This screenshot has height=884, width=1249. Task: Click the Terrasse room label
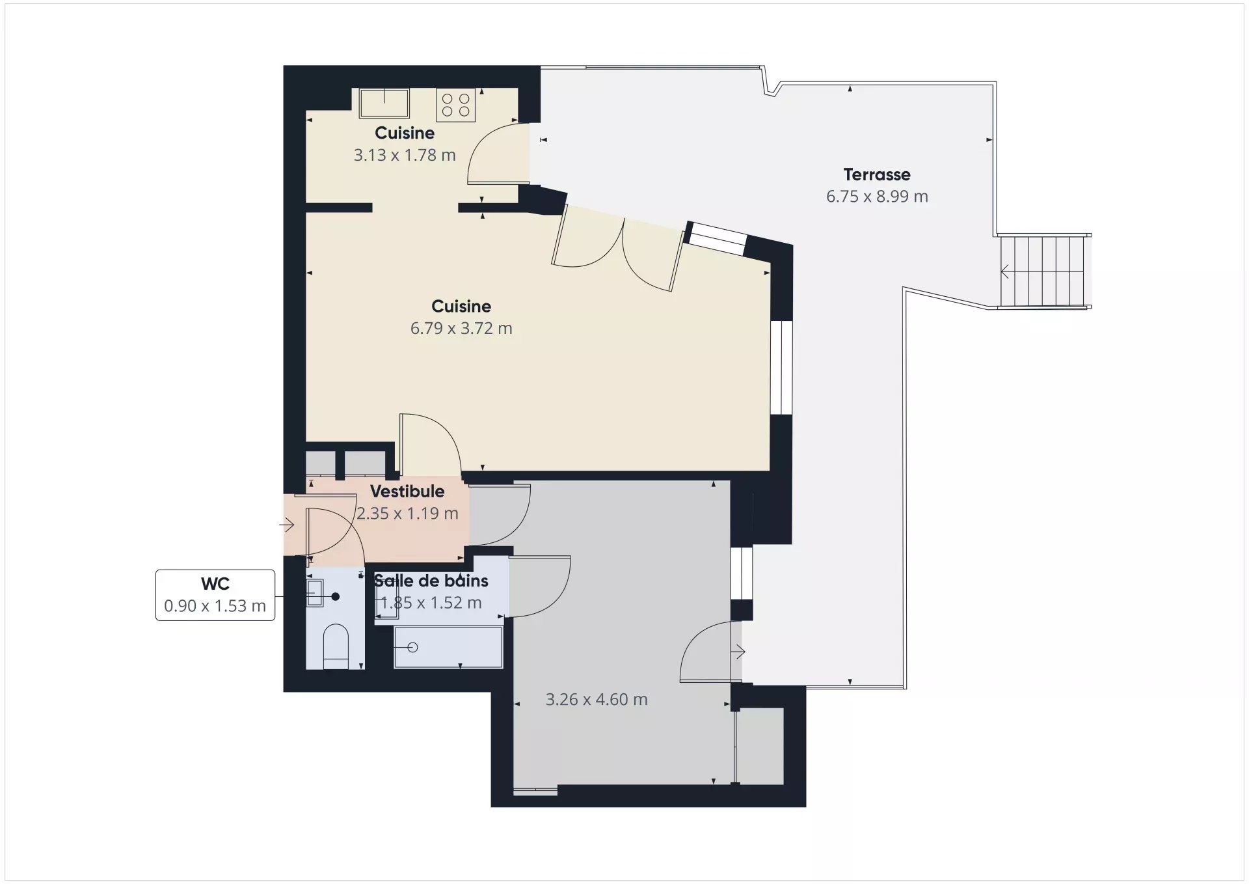[x=877, y=174]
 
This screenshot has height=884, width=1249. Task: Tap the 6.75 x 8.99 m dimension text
[x=877, y=197]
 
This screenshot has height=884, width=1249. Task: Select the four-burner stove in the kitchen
[x=455, y=105]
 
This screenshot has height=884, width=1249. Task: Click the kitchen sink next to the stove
[x=384, y=104]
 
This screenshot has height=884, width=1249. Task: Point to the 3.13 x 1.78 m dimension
[x=405, y=155]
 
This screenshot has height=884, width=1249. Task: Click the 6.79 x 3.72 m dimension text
[x=461, y=328]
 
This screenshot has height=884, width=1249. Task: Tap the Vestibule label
[x=407, y=491]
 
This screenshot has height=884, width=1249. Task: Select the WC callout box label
[x=215, y=584]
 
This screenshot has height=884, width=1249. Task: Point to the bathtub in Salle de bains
[x=448, y=647]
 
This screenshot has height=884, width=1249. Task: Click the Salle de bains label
[x=431, y=581]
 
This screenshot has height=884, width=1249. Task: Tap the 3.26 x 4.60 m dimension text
[x=597, y=700]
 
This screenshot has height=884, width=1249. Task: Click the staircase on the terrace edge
[x=1044, y=271]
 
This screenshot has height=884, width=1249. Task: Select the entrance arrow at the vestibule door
[x=287, y=524]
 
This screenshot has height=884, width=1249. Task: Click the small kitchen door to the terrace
[x=498, y=152]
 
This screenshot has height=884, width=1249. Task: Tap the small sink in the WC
[x=315, y=593]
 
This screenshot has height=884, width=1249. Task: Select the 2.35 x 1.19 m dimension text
[x=407, y=514]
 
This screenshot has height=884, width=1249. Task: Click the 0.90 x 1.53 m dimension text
[x=215, y=606]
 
